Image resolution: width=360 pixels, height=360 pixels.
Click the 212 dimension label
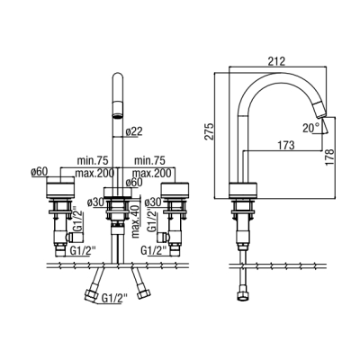[x=276, y=61]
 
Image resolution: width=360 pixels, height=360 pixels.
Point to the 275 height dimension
[x=209, y=130]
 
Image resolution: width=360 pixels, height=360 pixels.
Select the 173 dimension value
[x=285, y=145]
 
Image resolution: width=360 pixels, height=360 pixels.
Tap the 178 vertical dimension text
[x=329, y=157]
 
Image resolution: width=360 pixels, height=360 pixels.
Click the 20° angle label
[x=311, y=128]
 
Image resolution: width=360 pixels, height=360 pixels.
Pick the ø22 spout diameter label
[x=134, y=131]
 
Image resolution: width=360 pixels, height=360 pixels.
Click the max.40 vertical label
[x=136, y=221]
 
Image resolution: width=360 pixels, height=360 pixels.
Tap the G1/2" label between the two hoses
[x=115, y=298]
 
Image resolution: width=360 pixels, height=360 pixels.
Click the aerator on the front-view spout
[x=118, y=110]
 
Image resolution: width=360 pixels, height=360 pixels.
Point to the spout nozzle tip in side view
[x=320, y=110]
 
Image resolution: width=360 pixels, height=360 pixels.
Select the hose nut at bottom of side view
[x=242, y=295]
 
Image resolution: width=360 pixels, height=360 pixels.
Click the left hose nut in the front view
[x=91, y=294]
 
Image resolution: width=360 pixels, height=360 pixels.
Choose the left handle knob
[x=60, y=187]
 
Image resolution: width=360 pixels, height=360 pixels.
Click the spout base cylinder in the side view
[x=243, y=190]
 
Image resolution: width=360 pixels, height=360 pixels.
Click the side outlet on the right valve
[x=165, y=238]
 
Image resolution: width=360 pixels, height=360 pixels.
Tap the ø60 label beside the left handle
[x=40, y=172]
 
